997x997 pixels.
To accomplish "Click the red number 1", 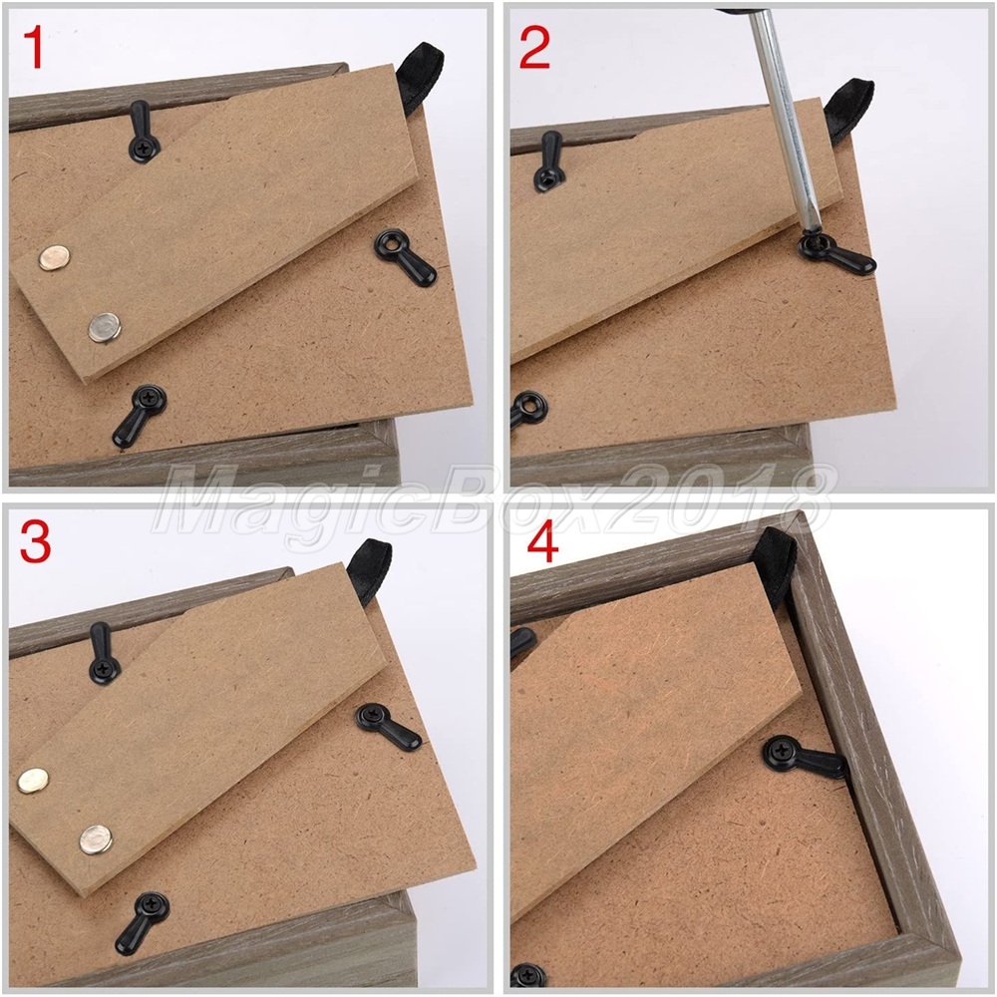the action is (x=34, y=48).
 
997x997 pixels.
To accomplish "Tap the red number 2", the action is (x=534, y=48).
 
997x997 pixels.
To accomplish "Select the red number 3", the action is (x=35, y=541).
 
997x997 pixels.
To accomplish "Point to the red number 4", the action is (x=543, y=542).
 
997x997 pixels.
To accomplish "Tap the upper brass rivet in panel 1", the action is (x=54, y=257).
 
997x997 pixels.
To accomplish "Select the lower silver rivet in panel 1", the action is (x=105, y=327).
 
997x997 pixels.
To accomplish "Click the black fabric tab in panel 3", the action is (x=369, y=569).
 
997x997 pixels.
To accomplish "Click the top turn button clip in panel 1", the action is (x=143, y=133).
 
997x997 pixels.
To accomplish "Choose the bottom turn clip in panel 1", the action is (x=138, y=414).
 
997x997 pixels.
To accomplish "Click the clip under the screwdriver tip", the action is (x=834, y=253).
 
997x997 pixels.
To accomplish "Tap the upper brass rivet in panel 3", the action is (x=33, y=781).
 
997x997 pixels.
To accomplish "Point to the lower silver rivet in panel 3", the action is (x=96, y=839).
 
